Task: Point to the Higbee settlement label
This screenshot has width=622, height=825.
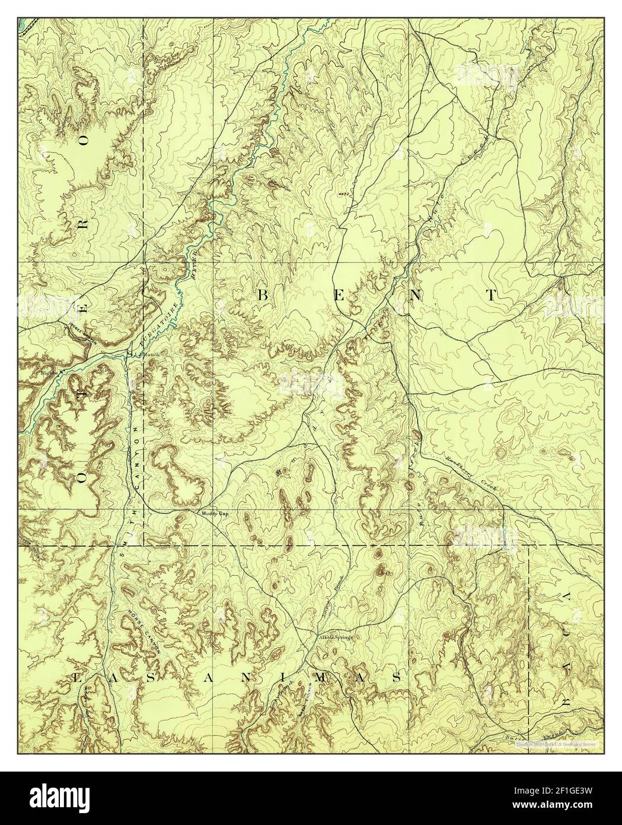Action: pyautogui.click(x=49, y=373)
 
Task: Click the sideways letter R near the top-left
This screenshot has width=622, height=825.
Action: pyautogui.click(x=83, y=222)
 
